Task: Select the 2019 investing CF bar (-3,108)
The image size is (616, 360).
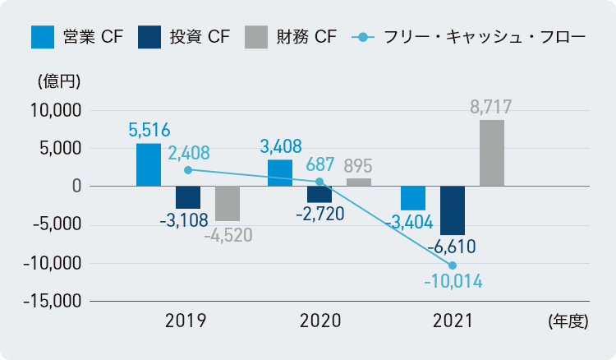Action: [x=188, y=197]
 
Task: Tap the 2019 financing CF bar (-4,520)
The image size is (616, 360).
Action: [x=228, y=203]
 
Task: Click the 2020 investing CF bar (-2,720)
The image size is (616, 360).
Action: [x=319, y=195]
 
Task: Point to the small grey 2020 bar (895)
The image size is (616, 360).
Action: [x=359, y=182]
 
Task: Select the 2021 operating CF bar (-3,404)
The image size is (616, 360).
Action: [x=413, y=199]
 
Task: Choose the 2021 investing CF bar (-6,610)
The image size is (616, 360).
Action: [x=453, y=210]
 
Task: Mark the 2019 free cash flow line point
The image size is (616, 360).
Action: [x=188, y=169]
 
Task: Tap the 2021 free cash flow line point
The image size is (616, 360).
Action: [x=453, y=264]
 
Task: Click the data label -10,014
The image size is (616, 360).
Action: [x=453, y=283]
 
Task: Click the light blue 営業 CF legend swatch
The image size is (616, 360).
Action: [x=42, y=37]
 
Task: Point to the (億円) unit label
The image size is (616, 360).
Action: [x=58, y=82]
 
